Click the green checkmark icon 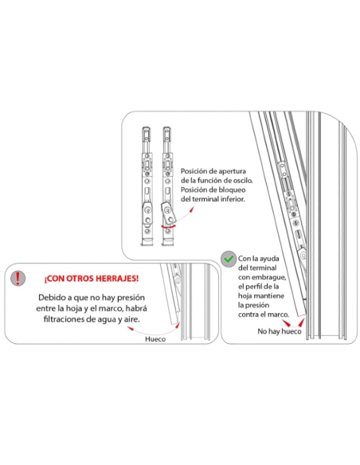[x=229, y=260]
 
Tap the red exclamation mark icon [x=18, y=278]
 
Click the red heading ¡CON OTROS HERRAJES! [x=92, y=279]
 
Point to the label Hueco [x=155, y=339]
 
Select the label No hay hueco [x=280, y=331]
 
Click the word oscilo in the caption [x=241, y=180]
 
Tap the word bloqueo [x=232, y=190]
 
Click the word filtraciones [x=65, y=319]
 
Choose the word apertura [x=233, y=171]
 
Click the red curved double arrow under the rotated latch [x=168, y=227]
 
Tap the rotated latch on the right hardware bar [x=168, y=213]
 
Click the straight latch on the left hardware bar [x=147, y=213]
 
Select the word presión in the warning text [x=131, y=298]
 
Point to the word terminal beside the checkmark [x=263, y=268]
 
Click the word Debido [x=50, y=298]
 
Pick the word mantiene [x=269, y=295]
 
